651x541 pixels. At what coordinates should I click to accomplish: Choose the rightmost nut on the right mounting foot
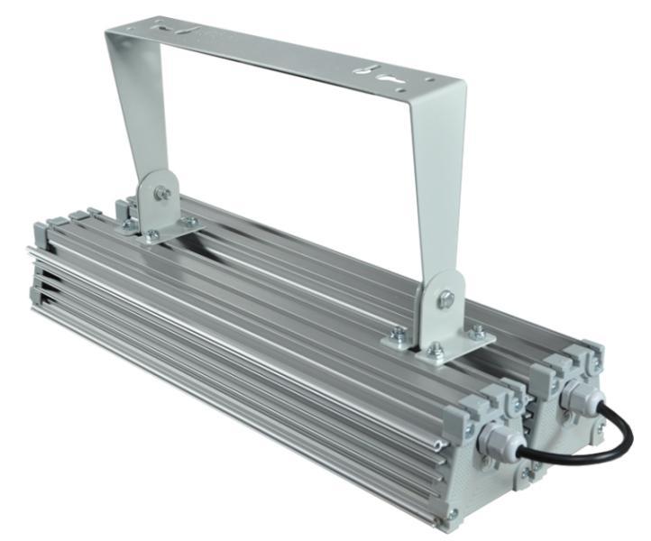pyautogui.click(x=479, y=334)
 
